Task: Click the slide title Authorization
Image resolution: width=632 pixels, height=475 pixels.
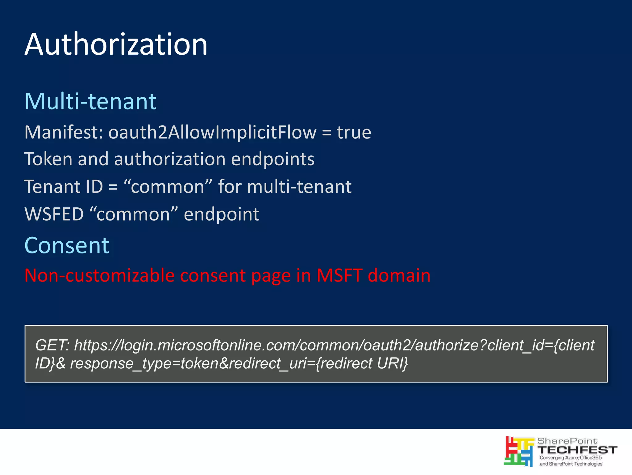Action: click(116, 45)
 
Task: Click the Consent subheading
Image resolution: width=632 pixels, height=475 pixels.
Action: click(67, 245)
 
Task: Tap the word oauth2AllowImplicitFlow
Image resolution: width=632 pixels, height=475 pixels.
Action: click(212, 133)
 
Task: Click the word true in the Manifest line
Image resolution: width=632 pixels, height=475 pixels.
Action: click(354, 133)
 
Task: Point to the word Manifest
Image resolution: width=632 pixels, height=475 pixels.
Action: click(63, 133)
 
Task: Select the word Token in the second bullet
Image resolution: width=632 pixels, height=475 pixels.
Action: click(48, 159)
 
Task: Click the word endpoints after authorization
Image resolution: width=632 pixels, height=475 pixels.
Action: click(272, 159)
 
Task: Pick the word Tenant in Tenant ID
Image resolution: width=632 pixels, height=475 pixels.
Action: click(52, 187)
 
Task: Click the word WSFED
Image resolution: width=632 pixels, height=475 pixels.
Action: click(54, 214)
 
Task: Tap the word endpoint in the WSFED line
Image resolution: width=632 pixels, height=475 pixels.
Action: click(221, 214)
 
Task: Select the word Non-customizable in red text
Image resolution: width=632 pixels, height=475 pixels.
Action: click(99, 275)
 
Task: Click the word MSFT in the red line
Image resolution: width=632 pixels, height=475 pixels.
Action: click(339, 275)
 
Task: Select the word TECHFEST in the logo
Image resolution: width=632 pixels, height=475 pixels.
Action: click(577, 450)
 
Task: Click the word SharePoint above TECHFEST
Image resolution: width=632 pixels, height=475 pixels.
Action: click(567, 441)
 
